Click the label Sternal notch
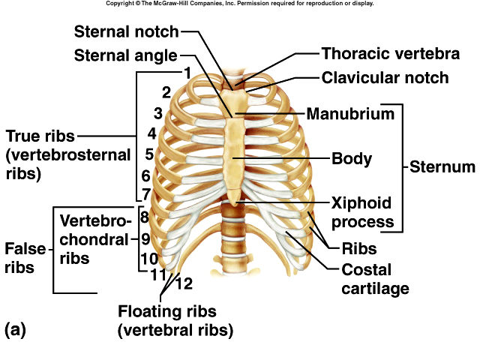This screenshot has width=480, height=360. pyautogui.click(x=126, y=32)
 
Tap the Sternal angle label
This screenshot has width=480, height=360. pyautogui.click(x=125, y=55)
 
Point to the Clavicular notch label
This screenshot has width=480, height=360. pyautogui.click(x=385, y=78)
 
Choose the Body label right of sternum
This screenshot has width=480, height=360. pyautogui.click(x=352, y=159)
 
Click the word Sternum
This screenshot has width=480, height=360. pyautogui.click(x=442, y=166)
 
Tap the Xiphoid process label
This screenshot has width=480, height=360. pyautogui.click(x=363, y=213)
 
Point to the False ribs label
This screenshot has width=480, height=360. pyautogui.click(x=19, y=257)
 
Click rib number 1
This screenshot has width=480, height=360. pyautogui.click(x=187, y=73)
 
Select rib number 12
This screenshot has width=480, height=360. pyautogui.click(x=184, y=283)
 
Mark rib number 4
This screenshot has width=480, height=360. pyautogui.click(x=151, y=134)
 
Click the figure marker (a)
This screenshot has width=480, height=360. pyautogui.click(x=16, y=329)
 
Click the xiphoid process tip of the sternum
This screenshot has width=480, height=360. pyautogui.click(x=235, y=199)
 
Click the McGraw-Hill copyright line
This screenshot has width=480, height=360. pyautogui.click(x=239, y=4)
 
